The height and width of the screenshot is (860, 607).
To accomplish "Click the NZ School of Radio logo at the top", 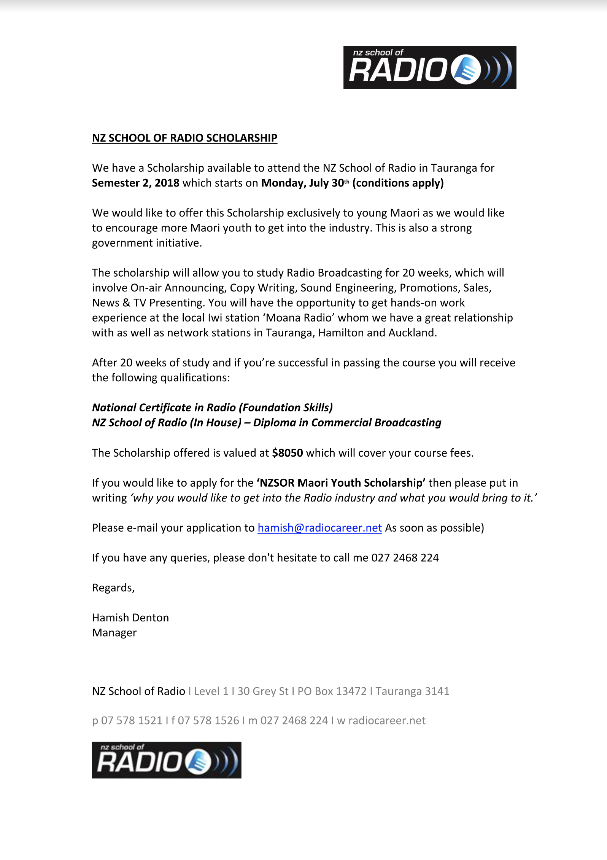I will coord(429,68).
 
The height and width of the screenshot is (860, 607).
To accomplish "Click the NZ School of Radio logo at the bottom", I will coord(167,760).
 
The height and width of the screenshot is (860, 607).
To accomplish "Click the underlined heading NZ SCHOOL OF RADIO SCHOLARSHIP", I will coord(184,138).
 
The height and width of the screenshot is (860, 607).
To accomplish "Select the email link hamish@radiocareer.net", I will coord(319,528).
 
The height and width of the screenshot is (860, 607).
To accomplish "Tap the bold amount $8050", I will coord(287,453).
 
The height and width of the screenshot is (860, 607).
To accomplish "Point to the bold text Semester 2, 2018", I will coord(135,183).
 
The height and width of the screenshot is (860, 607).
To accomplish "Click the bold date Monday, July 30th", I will coord(305,183).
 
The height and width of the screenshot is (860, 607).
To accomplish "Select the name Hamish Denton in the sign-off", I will coord(130,618).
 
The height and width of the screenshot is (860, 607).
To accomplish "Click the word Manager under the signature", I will coord(114,633).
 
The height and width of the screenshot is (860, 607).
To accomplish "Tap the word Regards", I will coord(113,588).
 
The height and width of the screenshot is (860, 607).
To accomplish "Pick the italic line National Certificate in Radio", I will coord(212,408).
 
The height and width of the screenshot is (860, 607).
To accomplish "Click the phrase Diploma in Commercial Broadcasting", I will coord(347,423).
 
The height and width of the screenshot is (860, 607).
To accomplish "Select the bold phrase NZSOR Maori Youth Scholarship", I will coord(341,483).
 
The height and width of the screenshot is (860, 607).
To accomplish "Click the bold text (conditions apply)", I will coord(398,183).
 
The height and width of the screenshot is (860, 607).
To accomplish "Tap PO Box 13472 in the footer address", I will coord(332,691).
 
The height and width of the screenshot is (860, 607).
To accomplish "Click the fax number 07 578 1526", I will coord(208,720).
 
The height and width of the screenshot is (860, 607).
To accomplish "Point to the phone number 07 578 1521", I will coord(132,720).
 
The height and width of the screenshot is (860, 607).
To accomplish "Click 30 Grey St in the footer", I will coord(263,691).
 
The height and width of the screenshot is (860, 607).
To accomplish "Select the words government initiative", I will coord(146,243).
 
